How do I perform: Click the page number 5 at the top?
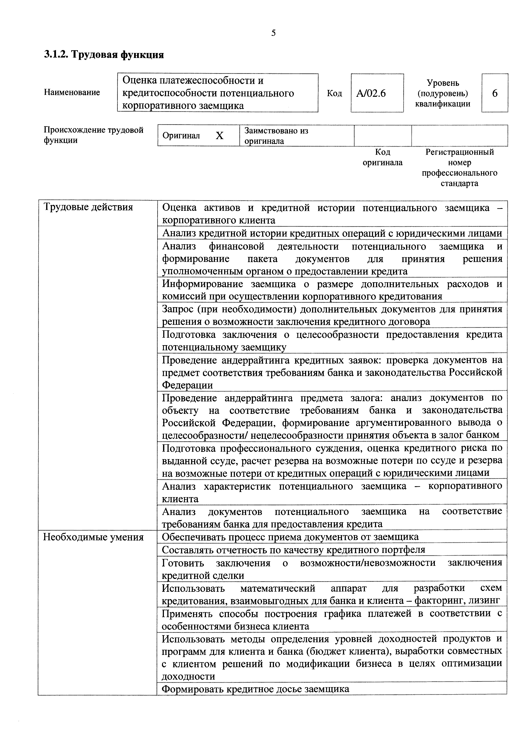coord(273,33)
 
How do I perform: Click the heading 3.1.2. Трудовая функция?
coord(104,55)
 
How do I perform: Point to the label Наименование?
coord(72,93)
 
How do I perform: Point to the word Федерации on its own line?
coord(187,385)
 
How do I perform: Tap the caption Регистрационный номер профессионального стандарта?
coord(459,168)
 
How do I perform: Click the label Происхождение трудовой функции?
coord(93,135)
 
